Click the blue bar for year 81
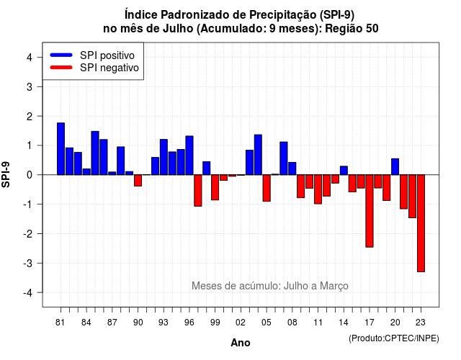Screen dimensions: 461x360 click(x=61, y=149)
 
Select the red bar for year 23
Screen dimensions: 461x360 click(x=421, y=223)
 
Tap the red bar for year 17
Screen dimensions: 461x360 click(x=370, y=211)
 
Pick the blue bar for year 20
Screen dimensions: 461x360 click(x=395, y=166)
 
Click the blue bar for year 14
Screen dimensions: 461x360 click(x=344, y=171)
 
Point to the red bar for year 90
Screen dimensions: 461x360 click(x=138, y=181)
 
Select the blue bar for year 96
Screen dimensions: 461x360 click(x=189, y=156)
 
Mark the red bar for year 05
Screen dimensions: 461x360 click(x=267, y=188)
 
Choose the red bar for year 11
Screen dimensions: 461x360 click(x=318, y=189)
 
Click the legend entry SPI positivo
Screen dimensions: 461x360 click(x=107, y=55)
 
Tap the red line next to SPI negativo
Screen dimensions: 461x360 click(x=61, y=68)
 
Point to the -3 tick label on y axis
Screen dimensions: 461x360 click(x=28, y=264)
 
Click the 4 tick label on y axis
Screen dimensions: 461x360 click(x=30, y=58)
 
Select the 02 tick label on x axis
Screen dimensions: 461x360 click(x=241, y=323)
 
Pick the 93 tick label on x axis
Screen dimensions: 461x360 click(x=164, y=323)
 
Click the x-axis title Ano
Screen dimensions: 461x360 click(x=241, y=343)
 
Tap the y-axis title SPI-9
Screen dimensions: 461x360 click(x=6, y=174)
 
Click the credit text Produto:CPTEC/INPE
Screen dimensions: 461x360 click(x=394, y=338)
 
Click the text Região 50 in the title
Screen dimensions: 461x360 click(x=352, y=29)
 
